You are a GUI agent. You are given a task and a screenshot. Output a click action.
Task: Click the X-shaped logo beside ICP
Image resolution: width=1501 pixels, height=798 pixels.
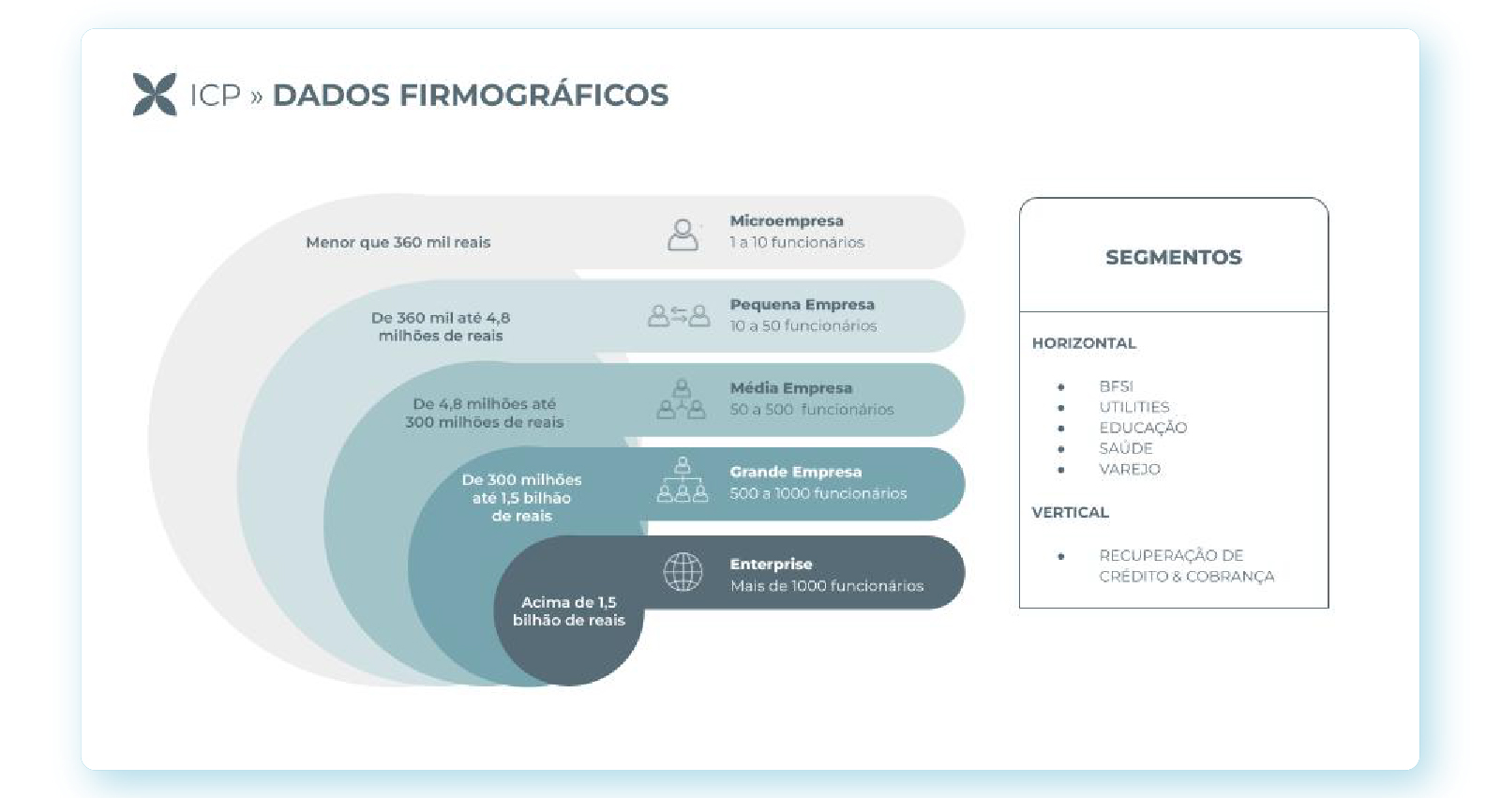pos(155,95)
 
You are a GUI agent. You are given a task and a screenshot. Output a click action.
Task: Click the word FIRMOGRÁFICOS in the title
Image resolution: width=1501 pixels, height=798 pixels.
pos(534,95)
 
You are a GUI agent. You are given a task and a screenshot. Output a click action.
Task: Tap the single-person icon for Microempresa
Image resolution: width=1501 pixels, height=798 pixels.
pos(683,234)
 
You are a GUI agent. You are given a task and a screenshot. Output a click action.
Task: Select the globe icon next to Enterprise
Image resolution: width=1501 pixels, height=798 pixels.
pos(683,571)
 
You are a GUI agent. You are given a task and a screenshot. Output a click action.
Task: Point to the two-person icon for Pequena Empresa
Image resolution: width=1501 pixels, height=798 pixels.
pos(679,316)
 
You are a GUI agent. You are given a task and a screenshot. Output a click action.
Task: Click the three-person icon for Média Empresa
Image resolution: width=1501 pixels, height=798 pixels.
pos(682,399)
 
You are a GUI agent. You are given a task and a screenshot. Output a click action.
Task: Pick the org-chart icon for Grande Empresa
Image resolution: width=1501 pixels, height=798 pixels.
pos(683,480)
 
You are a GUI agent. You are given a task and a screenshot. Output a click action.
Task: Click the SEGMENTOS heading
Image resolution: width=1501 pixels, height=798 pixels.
pos(1173,257)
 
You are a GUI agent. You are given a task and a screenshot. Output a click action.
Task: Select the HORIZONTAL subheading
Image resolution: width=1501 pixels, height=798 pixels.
pos(1084,343)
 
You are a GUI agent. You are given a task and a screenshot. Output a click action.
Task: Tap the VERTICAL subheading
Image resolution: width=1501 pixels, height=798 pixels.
pos(1070,513)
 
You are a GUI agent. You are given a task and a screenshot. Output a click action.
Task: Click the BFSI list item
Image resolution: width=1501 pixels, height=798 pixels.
pos(1116,386)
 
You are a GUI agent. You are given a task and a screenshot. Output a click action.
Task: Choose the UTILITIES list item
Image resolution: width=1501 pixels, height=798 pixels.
pos(1133,407)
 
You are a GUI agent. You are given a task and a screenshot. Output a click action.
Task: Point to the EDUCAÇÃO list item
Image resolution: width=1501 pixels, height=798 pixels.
pos(1143,428)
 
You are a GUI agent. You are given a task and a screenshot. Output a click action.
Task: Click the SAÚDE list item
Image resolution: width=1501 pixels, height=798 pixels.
pos(1126,448)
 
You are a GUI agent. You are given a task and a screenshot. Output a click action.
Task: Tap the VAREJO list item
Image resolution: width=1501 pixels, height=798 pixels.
pos(1130,469)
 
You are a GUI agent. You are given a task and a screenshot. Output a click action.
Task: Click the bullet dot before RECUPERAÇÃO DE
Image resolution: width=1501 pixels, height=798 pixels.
pos(1060,556)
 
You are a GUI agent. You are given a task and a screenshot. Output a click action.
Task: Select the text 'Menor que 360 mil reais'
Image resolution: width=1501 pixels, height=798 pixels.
pos(398,243)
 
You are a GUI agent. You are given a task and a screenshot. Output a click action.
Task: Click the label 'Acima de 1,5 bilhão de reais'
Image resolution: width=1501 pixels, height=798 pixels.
pos(569,611)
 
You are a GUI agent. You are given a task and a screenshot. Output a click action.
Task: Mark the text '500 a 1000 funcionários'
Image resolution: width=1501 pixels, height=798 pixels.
pos(818,494)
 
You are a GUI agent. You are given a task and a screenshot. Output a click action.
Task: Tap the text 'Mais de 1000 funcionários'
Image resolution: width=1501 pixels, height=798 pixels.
pos(827,586)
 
